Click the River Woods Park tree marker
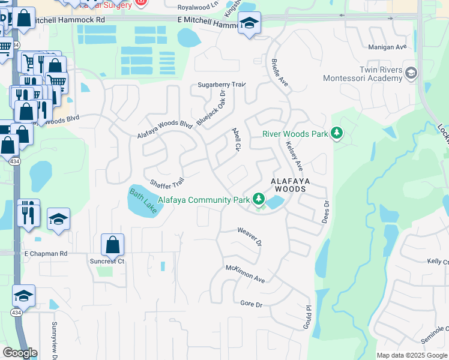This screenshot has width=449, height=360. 337,133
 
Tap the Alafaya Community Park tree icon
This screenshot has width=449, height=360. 259,199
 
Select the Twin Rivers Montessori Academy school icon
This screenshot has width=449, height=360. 411,74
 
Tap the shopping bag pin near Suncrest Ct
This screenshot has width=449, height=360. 112,245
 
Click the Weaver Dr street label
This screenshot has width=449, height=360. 250,236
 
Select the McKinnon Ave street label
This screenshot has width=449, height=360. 245,274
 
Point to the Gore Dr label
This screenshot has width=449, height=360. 252,305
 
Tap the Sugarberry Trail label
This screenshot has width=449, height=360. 222,85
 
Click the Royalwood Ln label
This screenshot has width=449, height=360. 199,7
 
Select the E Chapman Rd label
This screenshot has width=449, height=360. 46,254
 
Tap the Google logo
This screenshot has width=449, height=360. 20,353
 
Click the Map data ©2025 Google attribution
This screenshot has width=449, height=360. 411,355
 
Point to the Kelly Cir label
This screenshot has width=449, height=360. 438,262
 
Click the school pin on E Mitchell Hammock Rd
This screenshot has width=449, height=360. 249,23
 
